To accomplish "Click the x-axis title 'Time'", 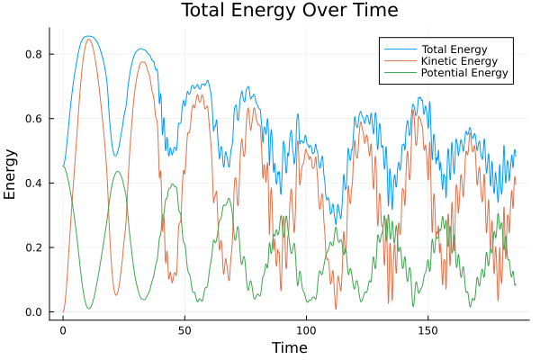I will pos(289,347).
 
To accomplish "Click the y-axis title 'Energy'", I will pos(11,175).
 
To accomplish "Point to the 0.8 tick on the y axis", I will pos(34,54).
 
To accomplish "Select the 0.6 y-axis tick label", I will pos(34,119).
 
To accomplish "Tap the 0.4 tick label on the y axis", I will pos(34,184).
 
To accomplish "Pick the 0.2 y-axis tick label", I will pos(34,247).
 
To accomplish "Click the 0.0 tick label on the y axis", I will pos(34,312).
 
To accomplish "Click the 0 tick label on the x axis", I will pos(63,329).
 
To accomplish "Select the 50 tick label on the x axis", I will pos(184,329).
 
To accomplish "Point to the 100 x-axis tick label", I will pos(306,329).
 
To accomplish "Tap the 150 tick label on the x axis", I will pos(427,329).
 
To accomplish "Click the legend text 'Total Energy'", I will pos(453,48).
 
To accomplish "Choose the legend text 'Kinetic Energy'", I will pos(456,60).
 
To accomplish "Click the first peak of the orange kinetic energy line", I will pos(88,39).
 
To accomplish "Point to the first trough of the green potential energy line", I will pos(88,309).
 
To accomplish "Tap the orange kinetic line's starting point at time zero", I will pos(63,311).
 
